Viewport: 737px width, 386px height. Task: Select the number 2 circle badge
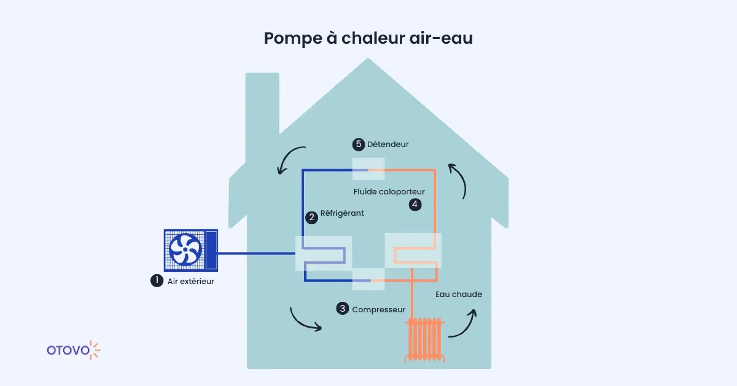(x=311, y=217)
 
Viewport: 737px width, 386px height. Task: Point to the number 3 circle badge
(x=342, y=309)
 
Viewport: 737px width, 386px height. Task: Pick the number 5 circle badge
(x=359, y=144)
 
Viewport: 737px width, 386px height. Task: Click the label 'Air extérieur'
(x=191, y=282)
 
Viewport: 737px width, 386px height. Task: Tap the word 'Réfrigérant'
(x=342, y=213)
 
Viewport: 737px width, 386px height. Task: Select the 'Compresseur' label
(x=378, y=310)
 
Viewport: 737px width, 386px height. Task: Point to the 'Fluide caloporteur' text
(x=389, y=192)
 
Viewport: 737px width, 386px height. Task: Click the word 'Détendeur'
(x=388, y=144)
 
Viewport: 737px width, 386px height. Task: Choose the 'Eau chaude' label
(x=459, y=294)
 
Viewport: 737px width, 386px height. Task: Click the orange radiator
(x=425, y=339)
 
